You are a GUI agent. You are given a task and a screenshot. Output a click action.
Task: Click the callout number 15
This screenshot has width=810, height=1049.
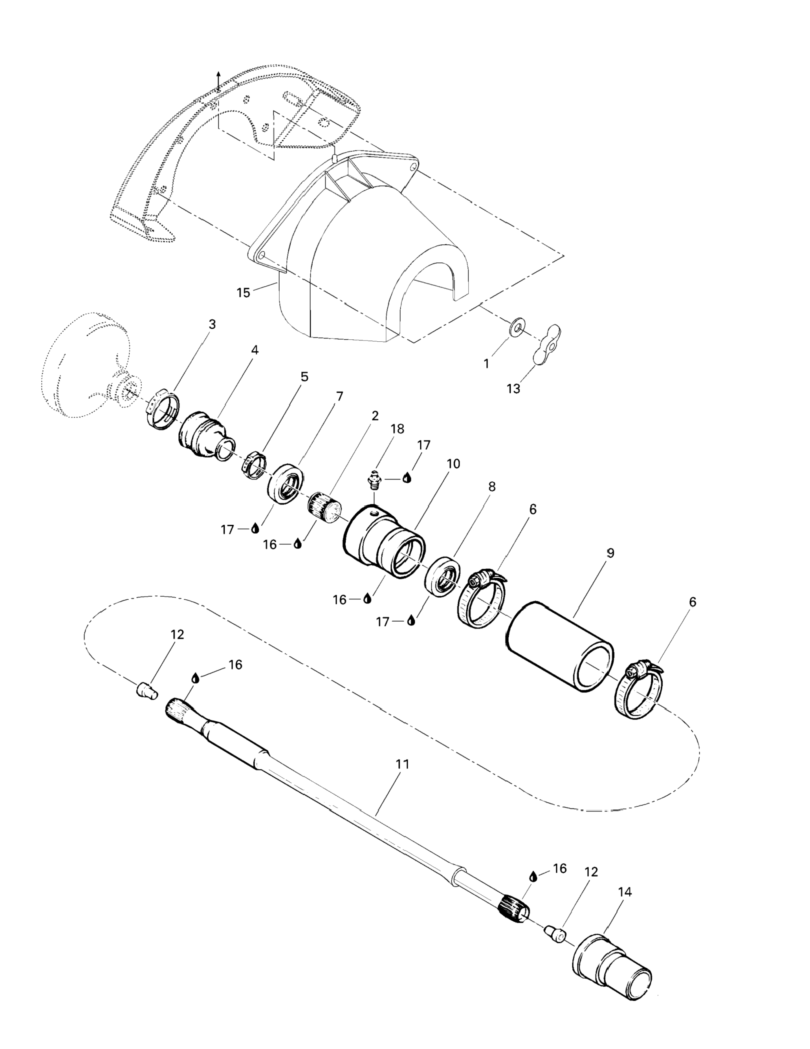(244, 293)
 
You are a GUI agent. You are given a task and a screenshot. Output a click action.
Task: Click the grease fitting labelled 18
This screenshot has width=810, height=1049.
(374, 481)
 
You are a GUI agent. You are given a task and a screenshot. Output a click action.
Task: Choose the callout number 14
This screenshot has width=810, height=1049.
(625, 892)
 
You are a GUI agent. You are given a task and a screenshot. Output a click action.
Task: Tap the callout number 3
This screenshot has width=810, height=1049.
(212, 324)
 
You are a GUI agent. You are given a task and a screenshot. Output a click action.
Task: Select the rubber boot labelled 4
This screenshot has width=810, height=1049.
(207, 436)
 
